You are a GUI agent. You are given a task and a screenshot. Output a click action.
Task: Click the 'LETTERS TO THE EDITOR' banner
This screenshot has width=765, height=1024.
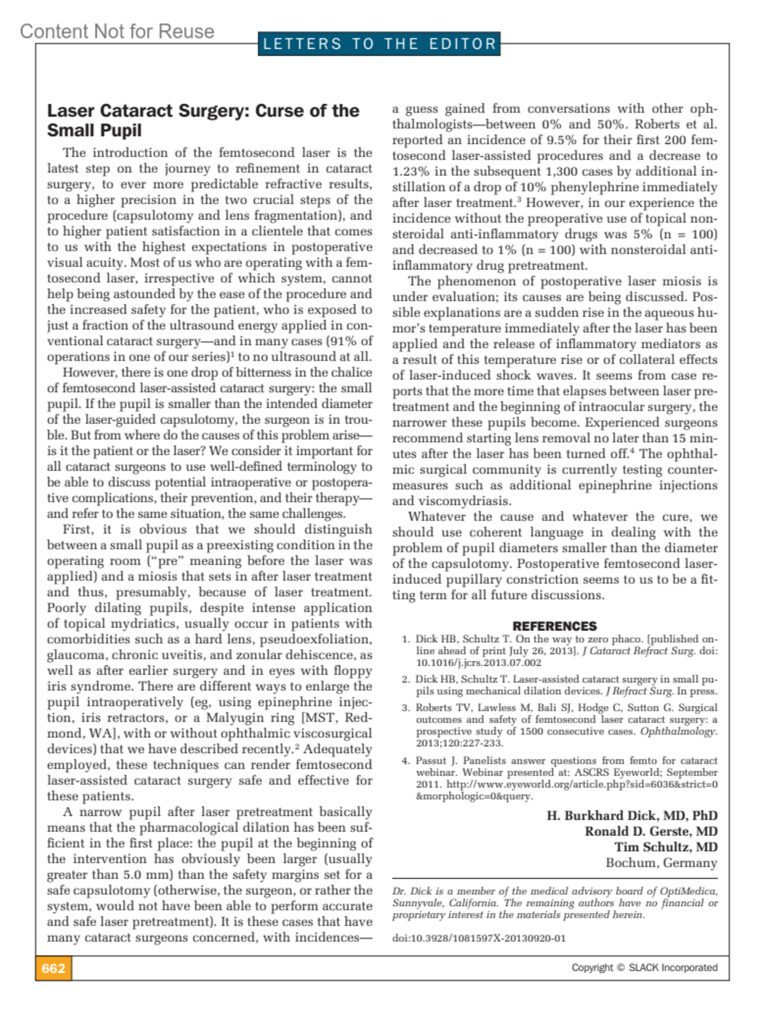(x=379, y=44)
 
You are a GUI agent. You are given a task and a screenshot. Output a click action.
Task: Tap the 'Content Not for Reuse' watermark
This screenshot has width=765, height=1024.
(x=117, y=31)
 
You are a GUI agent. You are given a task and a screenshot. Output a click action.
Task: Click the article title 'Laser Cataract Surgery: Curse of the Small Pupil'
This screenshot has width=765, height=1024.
(x=203, y=121)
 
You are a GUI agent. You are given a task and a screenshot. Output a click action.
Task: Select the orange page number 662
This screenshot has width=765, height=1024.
(x=54, y=969)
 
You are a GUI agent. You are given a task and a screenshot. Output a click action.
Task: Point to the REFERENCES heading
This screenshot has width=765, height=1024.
(x=555, y=626)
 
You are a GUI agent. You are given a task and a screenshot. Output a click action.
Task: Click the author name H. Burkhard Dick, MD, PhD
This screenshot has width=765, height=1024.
(x=632, y=816)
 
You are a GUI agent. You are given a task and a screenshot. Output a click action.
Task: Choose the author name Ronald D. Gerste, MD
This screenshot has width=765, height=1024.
(x=651, y=831)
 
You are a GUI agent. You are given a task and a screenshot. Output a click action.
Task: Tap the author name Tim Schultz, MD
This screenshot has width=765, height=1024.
(x=666, y=847)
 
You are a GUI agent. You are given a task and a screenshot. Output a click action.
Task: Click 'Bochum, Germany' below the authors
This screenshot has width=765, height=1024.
(x=661, y=863)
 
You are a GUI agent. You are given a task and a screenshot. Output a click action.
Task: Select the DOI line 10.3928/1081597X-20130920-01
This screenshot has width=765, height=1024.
(x=479, y=938)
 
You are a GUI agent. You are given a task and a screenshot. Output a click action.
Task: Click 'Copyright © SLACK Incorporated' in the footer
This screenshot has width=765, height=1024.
(x=644, y=968)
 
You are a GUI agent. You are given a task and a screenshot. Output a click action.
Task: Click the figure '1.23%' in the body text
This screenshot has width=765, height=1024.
(x=409, y=172)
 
